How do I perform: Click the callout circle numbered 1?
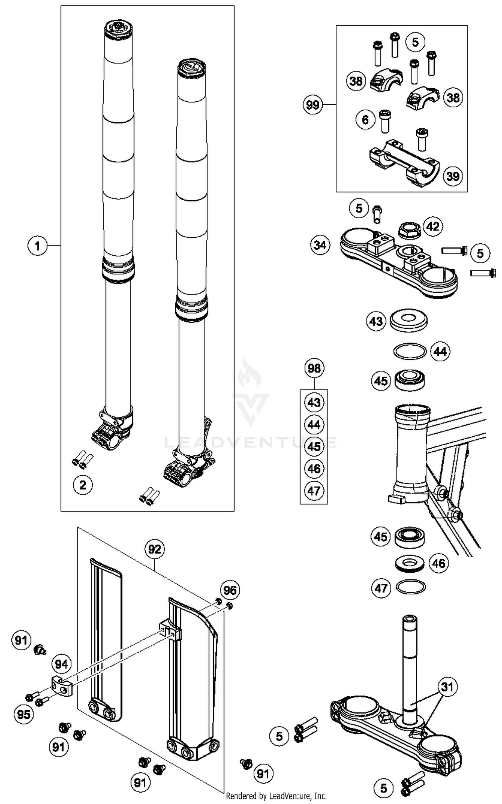coord(37,246)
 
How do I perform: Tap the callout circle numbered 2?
coord(83,484)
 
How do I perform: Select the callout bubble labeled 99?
coord(313,105)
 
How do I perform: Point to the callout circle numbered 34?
coord(320,245)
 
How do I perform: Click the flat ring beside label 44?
coord(410,351)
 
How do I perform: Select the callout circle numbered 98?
coord(314,368)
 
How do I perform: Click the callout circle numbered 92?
coord(155,549)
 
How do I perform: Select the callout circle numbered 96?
coord(230,590)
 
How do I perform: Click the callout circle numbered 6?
coord(365,119)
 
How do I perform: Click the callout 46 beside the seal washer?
coord(439,563)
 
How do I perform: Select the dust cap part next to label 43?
coord(409,320)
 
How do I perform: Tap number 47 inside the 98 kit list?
coord(314,491)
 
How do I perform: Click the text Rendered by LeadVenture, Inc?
coord(276,796)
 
